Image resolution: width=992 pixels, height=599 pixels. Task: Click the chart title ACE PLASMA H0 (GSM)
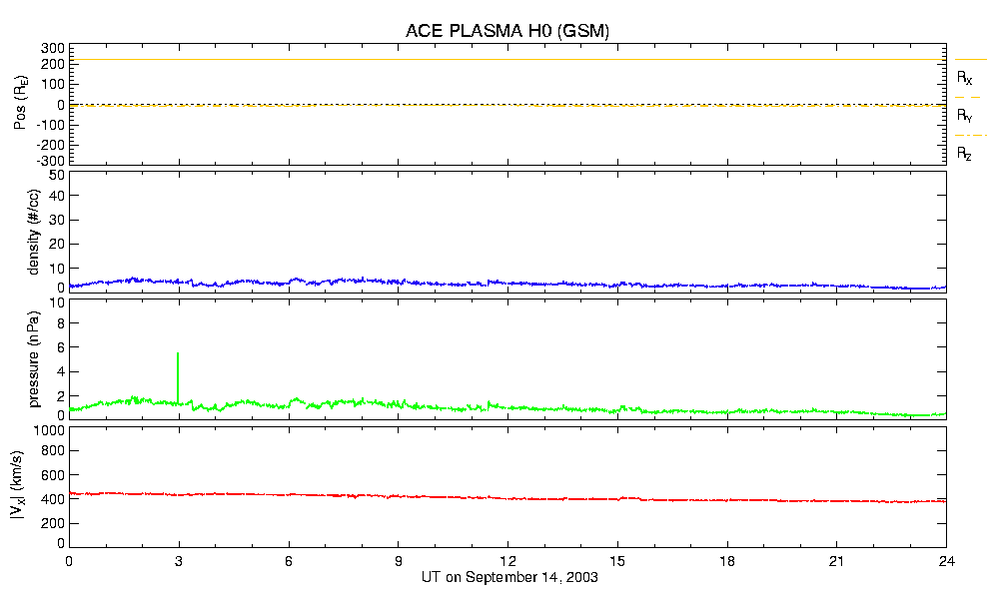coord(506,31)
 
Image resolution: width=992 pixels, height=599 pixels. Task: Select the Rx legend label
coord(964,77)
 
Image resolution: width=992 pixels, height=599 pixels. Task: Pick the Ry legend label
coord(964,116)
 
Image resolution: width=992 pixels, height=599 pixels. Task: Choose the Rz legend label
coord(964,154)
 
